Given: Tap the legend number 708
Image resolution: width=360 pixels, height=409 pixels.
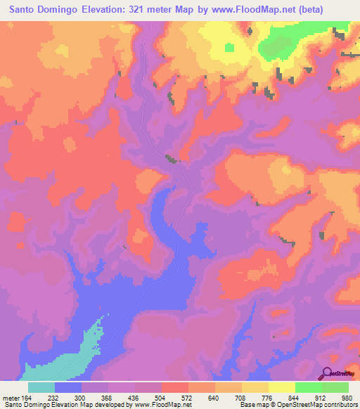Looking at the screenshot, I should (x=243, y=396).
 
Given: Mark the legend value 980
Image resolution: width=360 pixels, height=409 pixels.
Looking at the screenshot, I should (x=348, y=396).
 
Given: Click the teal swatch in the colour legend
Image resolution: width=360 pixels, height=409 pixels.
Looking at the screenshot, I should (x=41, y=387).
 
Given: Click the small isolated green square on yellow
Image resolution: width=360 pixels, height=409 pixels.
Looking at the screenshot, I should (x=229, y=48).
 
